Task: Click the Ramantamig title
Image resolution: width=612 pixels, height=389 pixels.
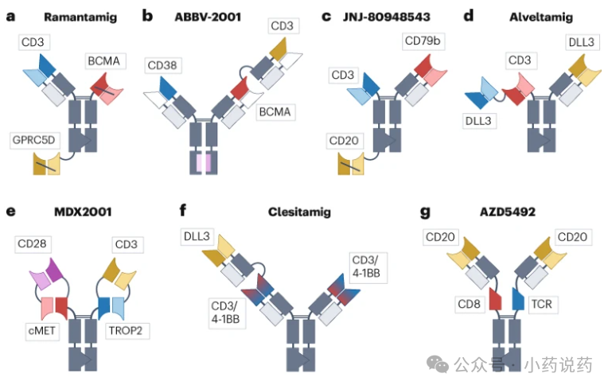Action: click(x=80, y=18)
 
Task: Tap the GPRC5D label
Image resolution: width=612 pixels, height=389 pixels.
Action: click(x=34, y=140)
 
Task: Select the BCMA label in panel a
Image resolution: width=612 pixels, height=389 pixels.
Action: click(x=103, y=61)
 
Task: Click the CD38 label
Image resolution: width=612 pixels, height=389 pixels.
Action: click(x=162, y=65)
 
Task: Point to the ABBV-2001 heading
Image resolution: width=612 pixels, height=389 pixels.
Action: click(x=208, y=18)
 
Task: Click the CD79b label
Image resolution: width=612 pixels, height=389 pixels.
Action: click(x=423, y=41)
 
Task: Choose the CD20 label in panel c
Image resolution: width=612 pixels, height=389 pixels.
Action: click(x=344, y=141)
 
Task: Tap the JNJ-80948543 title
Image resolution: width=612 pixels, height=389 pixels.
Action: click(x=387, y=18)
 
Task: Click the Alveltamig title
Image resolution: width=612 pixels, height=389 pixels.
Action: click(x=541, y=18)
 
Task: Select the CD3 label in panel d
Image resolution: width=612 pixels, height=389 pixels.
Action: click(x=520, y=60)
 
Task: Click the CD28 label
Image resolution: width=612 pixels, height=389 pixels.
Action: click(x=33, y=244)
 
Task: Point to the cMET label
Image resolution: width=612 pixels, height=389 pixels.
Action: click(x=41, y=331)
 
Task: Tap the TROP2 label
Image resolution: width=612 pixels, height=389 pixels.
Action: click(x=126, y=331)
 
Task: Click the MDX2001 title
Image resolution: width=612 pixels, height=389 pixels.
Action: click(x=83, y=212)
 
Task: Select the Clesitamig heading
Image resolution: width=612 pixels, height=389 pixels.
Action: click(x=299, y=212)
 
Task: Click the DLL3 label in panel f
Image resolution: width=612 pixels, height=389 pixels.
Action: click(x=197, y=236)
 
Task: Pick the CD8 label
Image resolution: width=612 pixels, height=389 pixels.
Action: click(x=470, y=304)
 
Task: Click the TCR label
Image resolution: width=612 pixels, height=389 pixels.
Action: click(x=542, y=304)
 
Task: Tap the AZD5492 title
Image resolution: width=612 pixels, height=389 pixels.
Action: click(x=508, y=212)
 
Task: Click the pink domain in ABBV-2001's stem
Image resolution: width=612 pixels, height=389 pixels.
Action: click(x=204, y=163)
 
